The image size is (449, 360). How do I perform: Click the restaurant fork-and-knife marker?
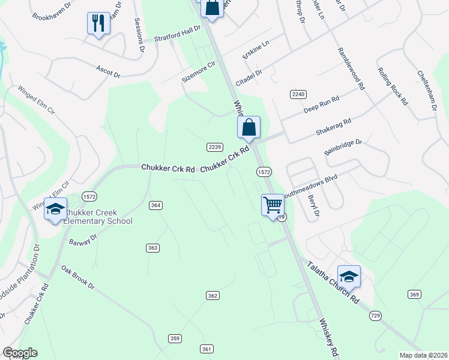coord(97,23)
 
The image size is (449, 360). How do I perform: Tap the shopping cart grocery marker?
coord(273,205)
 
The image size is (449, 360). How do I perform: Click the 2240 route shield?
coord(298,94)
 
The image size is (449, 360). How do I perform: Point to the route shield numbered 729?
coord(376,315)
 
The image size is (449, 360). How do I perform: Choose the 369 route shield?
coord(414,294)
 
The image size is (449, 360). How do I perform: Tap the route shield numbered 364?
coord(156,205)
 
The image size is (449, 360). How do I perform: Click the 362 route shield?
coord(212,295)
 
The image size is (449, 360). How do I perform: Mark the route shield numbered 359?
coord(175,338)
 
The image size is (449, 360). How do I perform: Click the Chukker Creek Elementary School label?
coord(98,217)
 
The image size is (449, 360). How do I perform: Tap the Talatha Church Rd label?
coord(333,282)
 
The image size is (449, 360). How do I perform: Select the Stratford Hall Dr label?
coord(177,34)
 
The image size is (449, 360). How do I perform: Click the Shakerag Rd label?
coord(334,126)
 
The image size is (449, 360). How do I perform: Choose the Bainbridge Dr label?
coord(343,149)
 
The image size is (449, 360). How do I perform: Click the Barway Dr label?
coord(83,242)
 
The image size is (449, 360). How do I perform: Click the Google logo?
coord(20,353)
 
